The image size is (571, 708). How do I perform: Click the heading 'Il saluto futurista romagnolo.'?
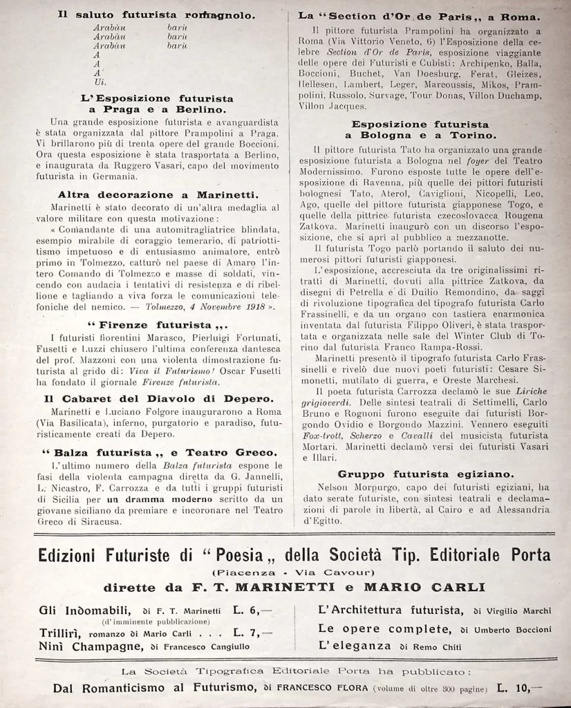pos(156,15)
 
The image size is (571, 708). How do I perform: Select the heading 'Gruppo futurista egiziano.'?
pos(426,474)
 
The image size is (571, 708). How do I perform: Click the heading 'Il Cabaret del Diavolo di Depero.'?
pos(158,399)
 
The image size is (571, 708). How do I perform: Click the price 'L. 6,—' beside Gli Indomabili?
pos(254,610)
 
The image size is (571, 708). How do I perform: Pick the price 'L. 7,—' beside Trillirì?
pos(254,631)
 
